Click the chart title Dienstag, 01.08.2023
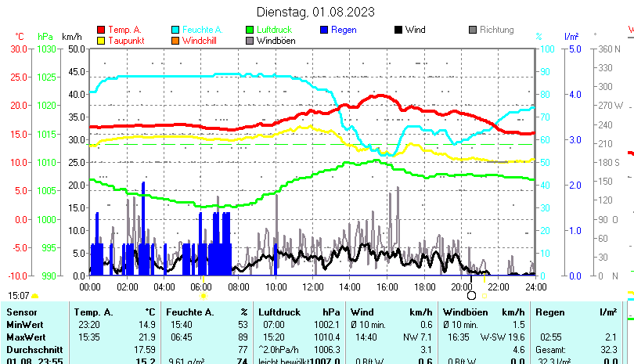315,12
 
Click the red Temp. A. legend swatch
101,31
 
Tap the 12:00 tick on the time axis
312,287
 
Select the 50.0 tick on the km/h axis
76,49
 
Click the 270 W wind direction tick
611,105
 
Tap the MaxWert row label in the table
26,337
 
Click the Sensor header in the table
22,312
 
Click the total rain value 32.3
607,349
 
